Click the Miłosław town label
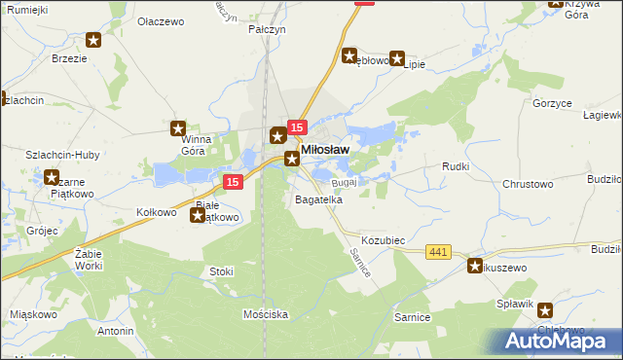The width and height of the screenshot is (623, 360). tap(326, 149)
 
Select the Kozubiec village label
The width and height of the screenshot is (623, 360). tap(383, 239)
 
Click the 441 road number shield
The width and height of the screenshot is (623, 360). tap(438, 252)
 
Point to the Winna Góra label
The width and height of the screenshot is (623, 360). tap(202, 144)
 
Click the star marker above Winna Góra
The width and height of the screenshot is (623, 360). tap(178, 127)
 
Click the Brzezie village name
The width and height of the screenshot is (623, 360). tap(96, 58)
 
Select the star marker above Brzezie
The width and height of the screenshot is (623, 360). tap(93, 40)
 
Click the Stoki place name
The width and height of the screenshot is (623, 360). tap(221, 271)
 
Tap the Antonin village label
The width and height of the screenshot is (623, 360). tap(115, 331)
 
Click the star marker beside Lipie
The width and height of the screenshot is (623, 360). tap(397, 58)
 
